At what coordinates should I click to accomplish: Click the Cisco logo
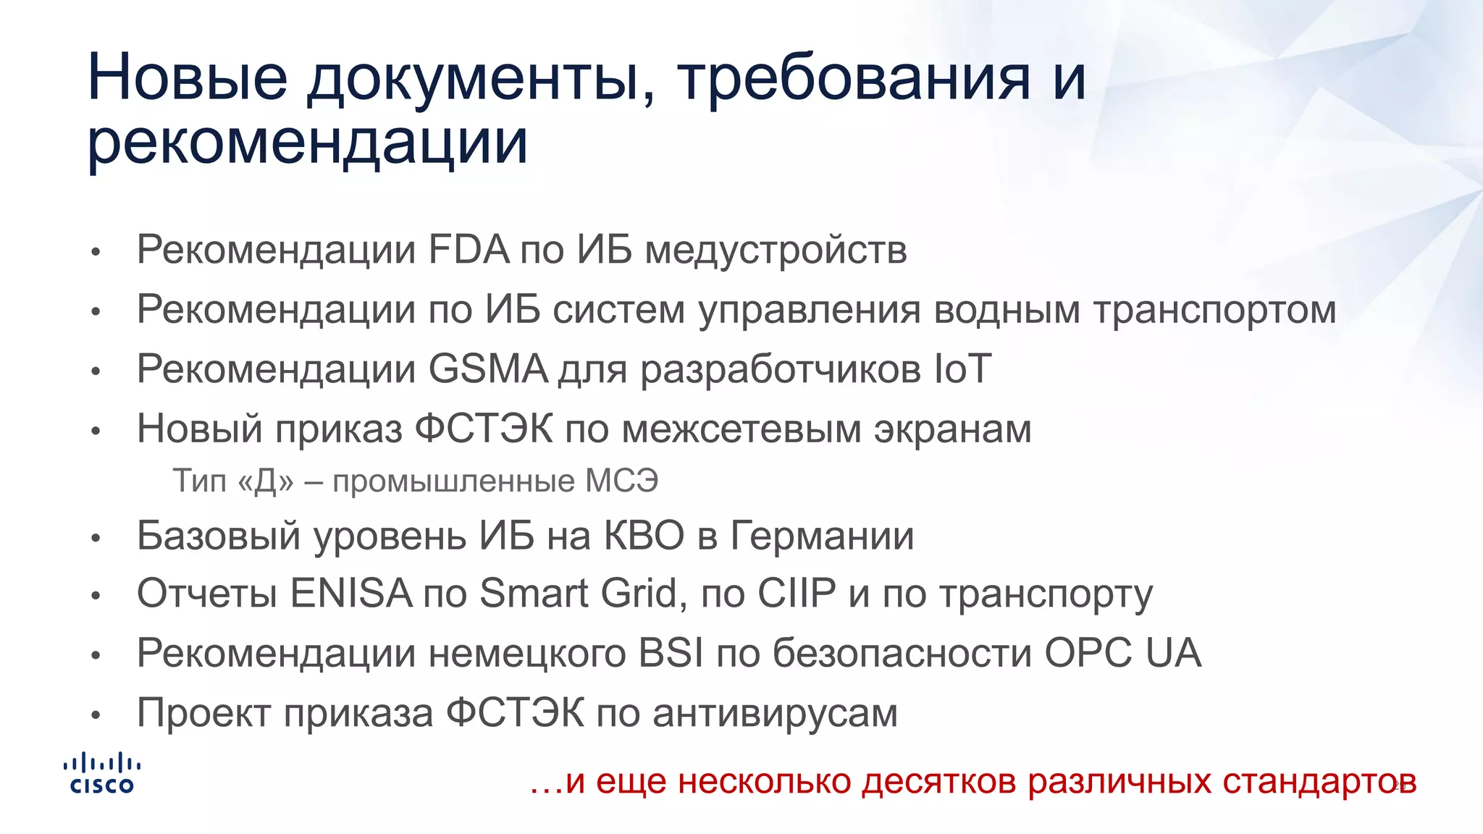[101, 773]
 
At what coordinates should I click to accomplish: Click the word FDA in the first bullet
[469, 250]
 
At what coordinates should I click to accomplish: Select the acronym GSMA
[488, 369]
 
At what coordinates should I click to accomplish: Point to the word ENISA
[351, 594]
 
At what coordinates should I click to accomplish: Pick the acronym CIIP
[797, 594]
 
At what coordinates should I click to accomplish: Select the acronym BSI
[671, 653]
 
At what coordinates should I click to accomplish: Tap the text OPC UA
[1122, 653]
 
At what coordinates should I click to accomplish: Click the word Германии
[822, 536]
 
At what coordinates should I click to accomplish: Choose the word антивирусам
[775, 713]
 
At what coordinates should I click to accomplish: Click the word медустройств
[776, 250]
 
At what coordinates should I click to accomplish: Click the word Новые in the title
[188, 77]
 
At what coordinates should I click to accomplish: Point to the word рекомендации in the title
[308, 141]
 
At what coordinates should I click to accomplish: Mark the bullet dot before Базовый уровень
[96, 538]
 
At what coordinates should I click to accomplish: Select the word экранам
[952, 429]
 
